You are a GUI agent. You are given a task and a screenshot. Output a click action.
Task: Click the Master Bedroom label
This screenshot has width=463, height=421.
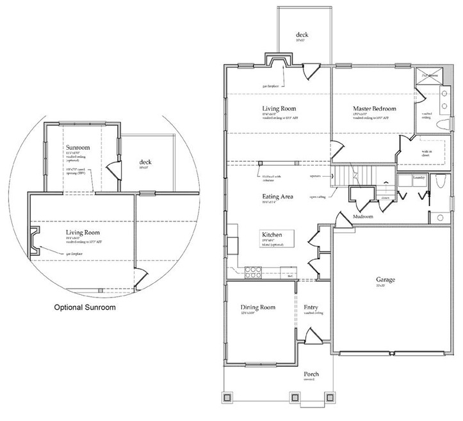click(375, 109)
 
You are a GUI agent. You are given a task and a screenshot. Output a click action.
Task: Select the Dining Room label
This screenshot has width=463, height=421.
click(257, 307)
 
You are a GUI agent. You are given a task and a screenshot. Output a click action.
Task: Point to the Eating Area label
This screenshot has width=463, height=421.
click(277, 196)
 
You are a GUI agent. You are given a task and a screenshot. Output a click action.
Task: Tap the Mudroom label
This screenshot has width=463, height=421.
click(364, 217)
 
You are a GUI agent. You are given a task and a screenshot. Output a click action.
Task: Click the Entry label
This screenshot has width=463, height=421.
click(311, 307)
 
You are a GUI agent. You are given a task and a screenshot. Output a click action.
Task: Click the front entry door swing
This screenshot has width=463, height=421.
click(311, 337)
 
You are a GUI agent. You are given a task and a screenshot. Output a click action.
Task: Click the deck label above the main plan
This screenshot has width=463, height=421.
click(302, 35)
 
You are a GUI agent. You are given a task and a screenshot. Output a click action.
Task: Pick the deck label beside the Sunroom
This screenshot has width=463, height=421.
click(145, 162)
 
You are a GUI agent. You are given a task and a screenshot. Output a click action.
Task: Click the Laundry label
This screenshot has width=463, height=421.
click(419, 177)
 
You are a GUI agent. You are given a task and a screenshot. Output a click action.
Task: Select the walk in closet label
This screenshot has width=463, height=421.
click(425, 152)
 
